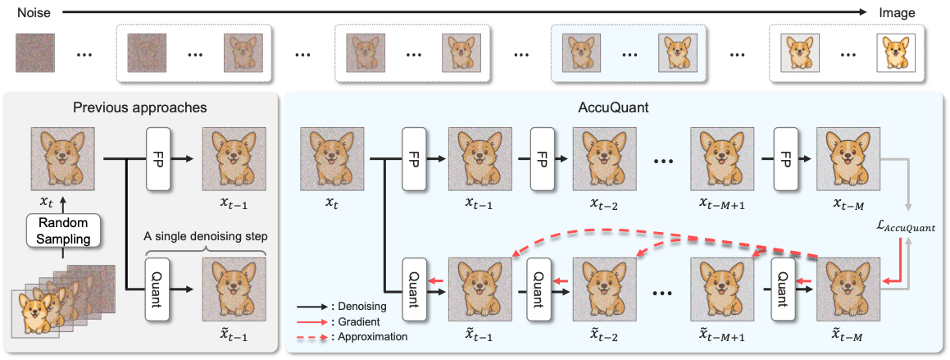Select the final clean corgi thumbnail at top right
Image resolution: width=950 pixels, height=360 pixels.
[896, 55]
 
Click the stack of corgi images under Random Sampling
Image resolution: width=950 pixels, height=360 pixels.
[49, 303]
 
